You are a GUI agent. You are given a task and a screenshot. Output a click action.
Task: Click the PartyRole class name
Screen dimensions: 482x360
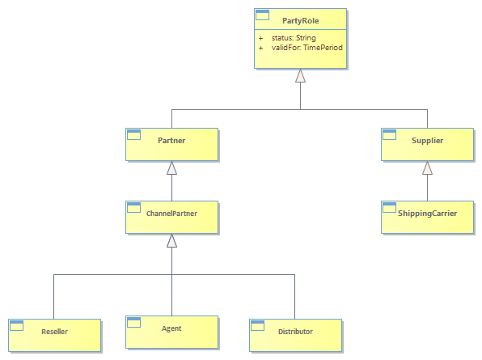(x=300, y=21)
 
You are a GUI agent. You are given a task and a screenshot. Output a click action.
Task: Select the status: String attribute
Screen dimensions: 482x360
(x=294, y=38)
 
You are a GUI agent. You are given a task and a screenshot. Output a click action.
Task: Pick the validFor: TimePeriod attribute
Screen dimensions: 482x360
(x=307, y=48)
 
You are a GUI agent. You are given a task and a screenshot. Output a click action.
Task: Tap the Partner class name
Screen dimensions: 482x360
(x=171, y=141)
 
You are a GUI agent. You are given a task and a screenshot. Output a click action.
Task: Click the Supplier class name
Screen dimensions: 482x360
(x=427, y=141)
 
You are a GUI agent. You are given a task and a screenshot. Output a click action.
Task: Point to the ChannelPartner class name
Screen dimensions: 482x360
(x=171, y=214)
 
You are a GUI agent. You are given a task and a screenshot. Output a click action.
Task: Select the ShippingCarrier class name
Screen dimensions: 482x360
(x=427, y=214)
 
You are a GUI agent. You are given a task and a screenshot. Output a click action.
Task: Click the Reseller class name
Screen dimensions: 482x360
(x=54, y=332)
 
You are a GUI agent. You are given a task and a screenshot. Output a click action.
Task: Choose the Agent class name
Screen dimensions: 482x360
(x=171, y=328)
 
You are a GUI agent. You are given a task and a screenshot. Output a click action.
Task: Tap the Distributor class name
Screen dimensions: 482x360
(x=295, y=332)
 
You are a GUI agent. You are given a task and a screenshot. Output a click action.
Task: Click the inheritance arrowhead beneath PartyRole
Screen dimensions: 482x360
(x=300, y=75)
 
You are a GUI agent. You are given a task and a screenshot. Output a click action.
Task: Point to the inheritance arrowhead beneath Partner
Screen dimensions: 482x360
(x=171, y=167)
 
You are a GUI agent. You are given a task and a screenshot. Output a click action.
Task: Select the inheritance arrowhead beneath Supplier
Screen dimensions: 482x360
(x=427, y=167)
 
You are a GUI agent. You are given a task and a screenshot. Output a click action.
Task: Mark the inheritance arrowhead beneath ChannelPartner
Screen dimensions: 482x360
(x=171, y=240)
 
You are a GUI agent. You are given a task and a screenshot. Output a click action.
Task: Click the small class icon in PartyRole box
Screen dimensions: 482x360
(x=263, y=15)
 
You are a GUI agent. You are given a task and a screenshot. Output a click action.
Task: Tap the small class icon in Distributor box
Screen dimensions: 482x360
(x=258, y=325)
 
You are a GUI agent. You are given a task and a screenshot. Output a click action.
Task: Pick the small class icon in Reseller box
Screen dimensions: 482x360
(x=17, y=325)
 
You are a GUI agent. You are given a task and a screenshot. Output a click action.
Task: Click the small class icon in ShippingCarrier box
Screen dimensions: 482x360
(x=389, y=208)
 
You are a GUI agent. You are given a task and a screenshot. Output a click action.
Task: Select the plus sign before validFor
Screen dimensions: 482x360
(x=260, y=48)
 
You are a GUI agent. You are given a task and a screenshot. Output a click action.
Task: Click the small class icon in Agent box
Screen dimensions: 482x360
(x=134, y=322)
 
